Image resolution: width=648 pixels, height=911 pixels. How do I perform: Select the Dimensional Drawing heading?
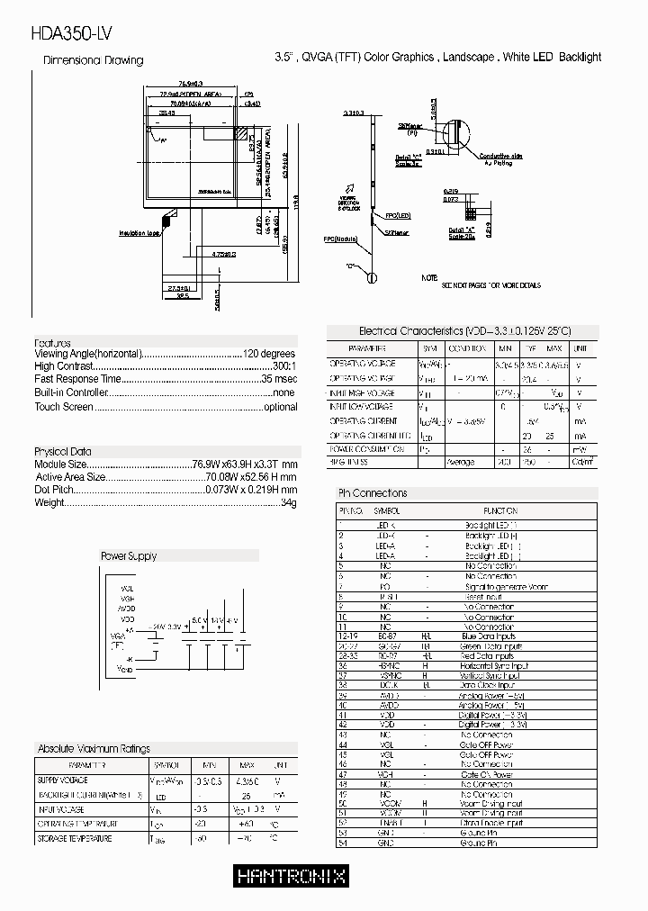(x=94, y=60)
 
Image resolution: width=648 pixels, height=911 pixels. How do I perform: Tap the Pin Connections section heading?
(x=372, y=493)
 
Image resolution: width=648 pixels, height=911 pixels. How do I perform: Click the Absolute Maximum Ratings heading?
(x=94, y=749)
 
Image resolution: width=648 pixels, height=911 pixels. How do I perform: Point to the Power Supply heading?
(x=128, y=556)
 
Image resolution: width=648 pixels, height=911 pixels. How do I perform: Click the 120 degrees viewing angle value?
(x=269, y=355)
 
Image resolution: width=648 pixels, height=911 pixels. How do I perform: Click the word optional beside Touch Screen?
(x=280, y=407)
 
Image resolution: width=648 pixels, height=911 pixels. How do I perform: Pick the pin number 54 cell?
(x=342, y=843)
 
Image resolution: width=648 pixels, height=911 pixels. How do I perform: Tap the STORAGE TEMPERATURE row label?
(x=74, y=839)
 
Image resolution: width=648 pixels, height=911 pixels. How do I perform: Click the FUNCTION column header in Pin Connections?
(x=500, y=510)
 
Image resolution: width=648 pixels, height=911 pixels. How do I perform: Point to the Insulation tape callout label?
(x=139, y=233)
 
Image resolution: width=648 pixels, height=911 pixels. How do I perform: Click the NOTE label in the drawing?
(x=430, y=278)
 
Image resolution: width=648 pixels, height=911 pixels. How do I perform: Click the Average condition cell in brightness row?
(x=460, y=462)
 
